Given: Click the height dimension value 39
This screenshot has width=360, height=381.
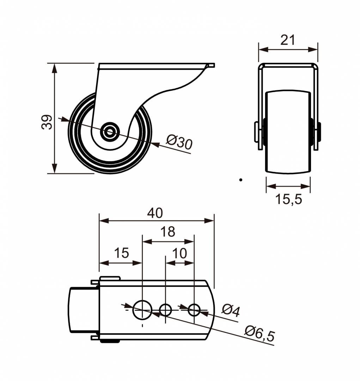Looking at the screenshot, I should [x=47, y=122].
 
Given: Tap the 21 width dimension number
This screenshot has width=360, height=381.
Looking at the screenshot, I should [x=288, y=40].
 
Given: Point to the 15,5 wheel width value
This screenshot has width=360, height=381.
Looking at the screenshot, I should [x=288, y=200].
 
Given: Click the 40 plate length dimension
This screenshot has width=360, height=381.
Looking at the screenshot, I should [x=155, y=213].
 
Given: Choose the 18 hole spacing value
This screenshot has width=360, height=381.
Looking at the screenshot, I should [x=167, y=232].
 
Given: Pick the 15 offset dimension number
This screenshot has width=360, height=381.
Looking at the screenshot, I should [x=121, y=253].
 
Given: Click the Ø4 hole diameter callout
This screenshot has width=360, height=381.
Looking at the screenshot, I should [x=231, y=310].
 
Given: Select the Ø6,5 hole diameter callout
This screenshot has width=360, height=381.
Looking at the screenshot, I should [x=260, y=333].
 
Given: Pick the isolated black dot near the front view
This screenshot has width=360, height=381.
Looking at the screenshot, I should [x=240, y=180].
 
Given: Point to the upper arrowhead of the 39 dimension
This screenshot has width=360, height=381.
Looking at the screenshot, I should [x=54, y=68].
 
